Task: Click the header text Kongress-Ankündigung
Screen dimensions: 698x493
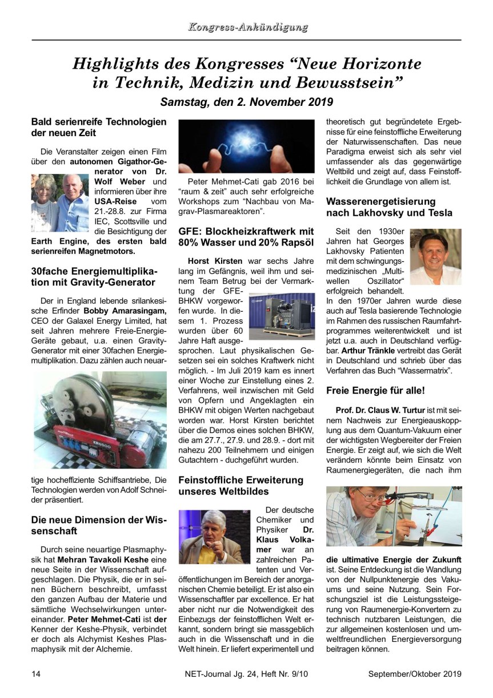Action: coord(247,27)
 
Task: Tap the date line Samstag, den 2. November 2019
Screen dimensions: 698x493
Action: coord(246,102)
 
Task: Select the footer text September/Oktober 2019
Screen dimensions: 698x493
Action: coord(414,673)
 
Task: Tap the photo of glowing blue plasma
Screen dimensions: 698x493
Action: coord(247,146)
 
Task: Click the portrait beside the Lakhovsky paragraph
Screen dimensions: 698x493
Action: coord(435,256)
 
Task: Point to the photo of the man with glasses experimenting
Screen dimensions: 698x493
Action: coord(394,517)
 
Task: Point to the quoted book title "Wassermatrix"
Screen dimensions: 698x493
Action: coord(419,371)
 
